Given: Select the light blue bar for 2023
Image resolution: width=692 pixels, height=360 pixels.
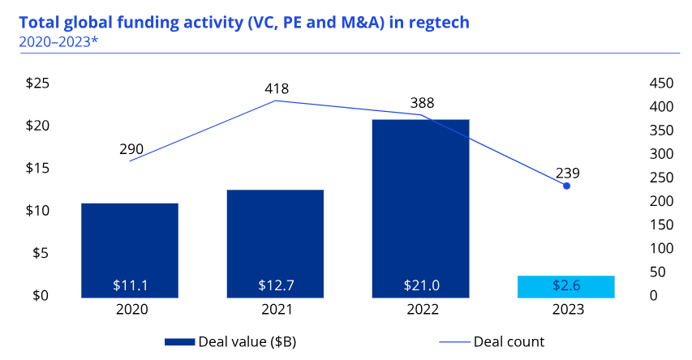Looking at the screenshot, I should (x=565, y=286).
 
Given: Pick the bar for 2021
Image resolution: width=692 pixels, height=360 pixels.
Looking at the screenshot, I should (x=275, y=242).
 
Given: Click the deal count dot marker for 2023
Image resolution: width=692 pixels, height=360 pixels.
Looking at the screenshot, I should (x=566, y=186).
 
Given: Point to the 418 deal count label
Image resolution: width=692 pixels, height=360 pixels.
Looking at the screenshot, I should (x=277, y=88).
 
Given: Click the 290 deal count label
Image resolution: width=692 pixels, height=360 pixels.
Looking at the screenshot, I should (x=131, y=149).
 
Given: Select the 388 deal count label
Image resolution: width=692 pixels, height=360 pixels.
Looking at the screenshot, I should (x=422, y=102).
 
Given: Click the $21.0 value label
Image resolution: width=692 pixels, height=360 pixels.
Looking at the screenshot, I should (x=420, y=285).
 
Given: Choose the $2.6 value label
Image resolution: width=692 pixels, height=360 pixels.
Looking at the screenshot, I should (x=565, y=285).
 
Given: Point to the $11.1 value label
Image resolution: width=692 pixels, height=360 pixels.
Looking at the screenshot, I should (x=130, y=285).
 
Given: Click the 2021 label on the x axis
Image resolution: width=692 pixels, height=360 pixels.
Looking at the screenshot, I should (x=275, y=309).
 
